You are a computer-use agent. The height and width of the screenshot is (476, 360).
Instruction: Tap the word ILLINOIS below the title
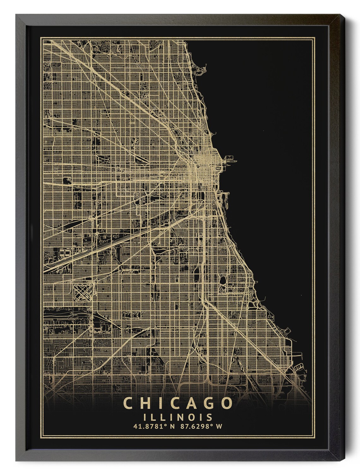point(177,417)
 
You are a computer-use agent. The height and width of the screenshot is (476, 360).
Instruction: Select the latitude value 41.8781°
point(149,426)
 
